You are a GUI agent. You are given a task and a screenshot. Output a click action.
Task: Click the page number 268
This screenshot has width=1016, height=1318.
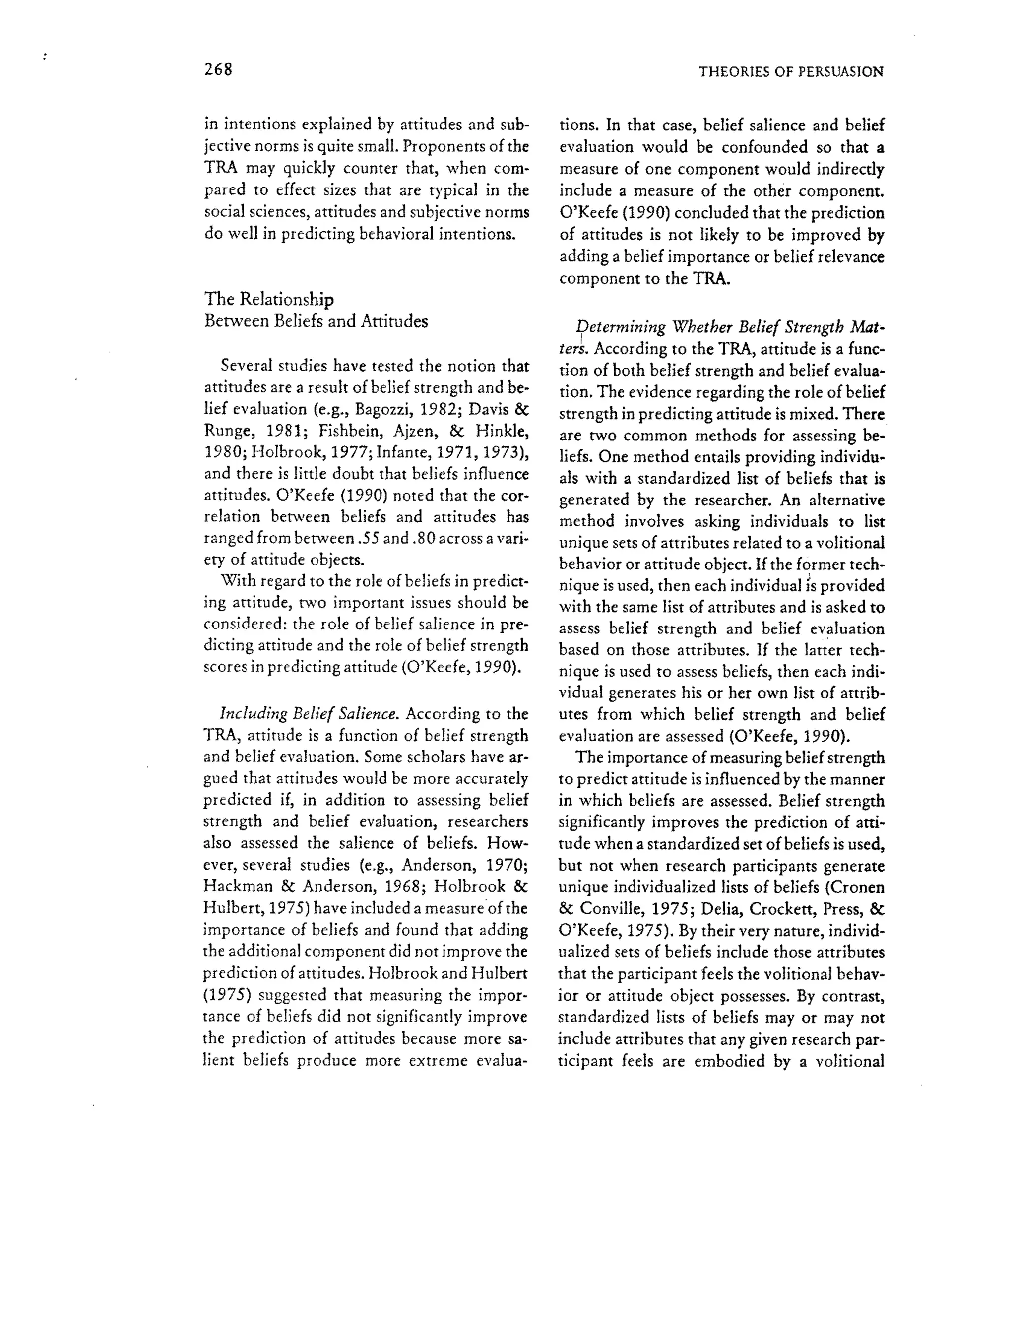click(x=218, y=70)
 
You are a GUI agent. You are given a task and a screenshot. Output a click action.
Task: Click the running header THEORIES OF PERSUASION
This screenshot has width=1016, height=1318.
click(x=791, y=72)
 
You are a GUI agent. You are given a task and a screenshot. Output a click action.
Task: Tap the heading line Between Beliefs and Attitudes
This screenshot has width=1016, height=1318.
click(x=316, y=321)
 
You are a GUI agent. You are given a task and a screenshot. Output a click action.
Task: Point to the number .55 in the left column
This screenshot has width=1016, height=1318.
click(x=368, y=538)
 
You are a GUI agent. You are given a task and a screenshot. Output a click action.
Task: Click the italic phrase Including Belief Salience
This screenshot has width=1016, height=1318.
click(x=309, y=714)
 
